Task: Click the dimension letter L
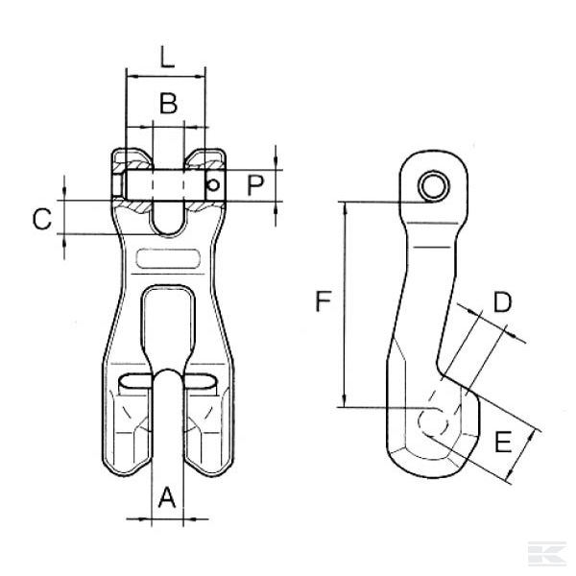click(x=166, y=57)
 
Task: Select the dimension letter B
click(x=168, y=104)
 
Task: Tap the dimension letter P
click(x=253, y=184)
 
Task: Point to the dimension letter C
click(x=41, y=219)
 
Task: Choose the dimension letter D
click(x=501, y=302)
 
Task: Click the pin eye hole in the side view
click(x=438, y=185)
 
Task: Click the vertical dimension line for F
click(x=343, y=302)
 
